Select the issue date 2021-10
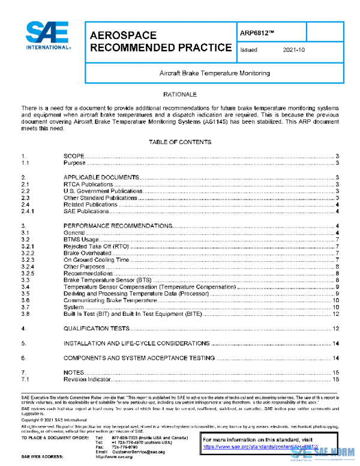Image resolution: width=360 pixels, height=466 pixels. point(293,50)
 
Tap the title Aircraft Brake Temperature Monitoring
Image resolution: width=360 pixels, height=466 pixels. point(214,73)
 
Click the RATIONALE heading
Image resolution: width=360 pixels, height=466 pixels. point(180,95)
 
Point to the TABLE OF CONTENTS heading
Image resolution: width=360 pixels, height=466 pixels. point(180,142)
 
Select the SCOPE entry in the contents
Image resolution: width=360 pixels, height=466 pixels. point(74,156)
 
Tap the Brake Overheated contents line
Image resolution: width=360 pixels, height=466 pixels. point(88,253)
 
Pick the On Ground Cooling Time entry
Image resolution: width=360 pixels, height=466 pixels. point(97,259)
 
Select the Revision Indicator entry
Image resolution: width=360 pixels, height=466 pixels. point(87,380)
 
